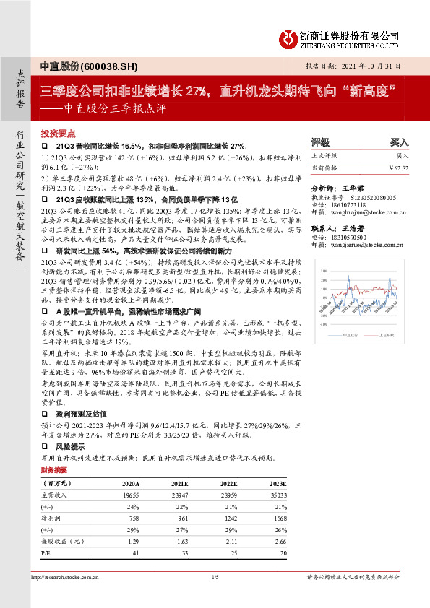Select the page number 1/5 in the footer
click(x=215, y=576)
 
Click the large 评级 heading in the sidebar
click(x=319, y=142)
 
